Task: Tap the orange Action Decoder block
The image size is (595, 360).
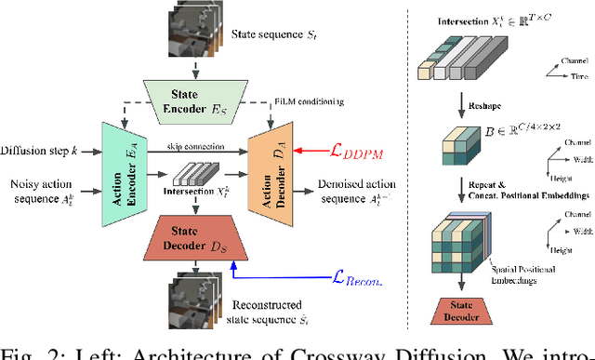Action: tap(269, 174)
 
